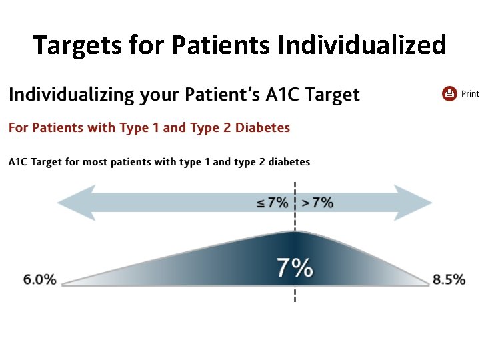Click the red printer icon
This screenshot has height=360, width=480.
[x=449, y=94]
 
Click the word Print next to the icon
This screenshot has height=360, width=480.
[x=470, y=94]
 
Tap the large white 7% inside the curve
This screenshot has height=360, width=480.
[x=295, y=268]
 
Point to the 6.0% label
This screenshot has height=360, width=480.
[x=40, y=280]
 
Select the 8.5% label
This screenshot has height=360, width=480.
[x=449, y=280]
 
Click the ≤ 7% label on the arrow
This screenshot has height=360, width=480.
[x=273, y=203]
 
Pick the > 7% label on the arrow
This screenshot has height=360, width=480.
[x=317, y=203]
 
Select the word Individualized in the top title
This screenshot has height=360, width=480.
[x=362, y=45]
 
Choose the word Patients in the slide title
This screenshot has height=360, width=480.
[x=220, y=45]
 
